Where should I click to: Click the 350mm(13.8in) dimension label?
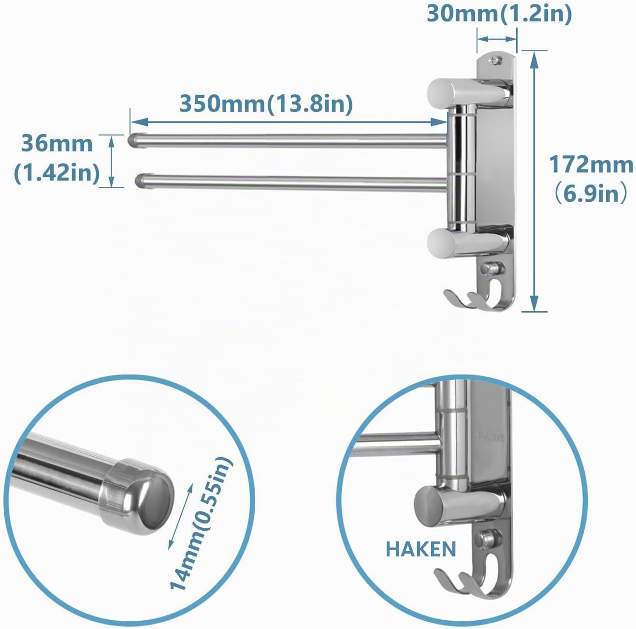point(266,104)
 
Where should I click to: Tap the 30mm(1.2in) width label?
point(499,14)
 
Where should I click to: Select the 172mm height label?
point(591,165)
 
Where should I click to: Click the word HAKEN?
point(421,549)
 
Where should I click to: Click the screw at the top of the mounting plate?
point(494,60)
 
